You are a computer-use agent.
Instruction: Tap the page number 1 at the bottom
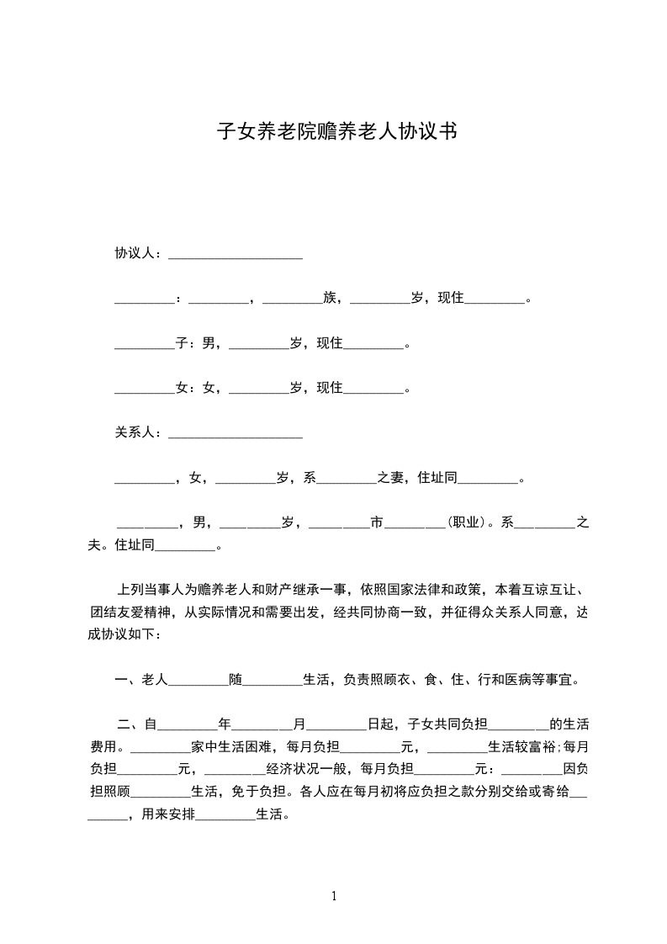click(334, 895)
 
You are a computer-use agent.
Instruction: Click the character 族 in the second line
click(330, 297)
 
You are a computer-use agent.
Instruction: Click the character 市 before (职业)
click(378, 522)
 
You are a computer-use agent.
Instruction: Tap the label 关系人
click(135, 432)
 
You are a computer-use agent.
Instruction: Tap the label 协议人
click(135, 252)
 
